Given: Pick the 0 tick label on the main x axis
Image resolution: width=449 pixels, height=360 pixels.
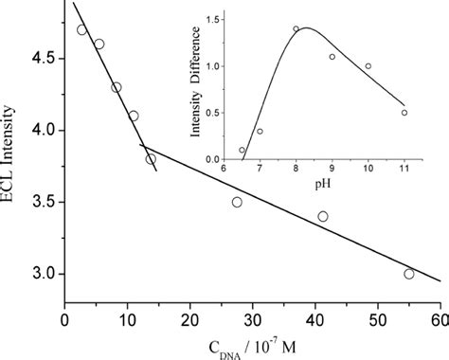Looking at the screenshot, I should coord(64,321).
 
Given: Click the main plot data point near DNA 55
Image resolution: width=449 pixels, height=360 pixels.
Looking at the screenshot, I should coord(409,274).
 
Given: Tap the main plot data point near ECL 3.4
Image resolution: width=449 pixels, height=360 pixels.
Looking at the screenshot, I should coord(323,217).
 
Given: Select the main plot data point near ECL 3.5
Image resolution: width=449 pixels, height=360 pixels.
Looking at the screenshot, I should coord(237,202).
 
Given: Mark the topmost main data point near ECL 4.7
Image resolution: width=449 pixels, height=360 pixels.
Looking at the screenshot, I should coord(82,29).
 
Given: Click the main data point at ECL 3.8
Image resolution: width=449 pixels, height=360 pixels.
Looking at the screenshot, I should coord(151,159).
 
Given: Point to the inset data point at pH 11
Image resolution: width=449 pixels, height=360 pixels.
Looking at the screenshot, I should coord(404,113).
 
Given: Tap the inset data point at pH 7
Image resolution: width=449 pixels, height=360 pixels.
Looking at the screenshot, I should coord(260,131).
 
